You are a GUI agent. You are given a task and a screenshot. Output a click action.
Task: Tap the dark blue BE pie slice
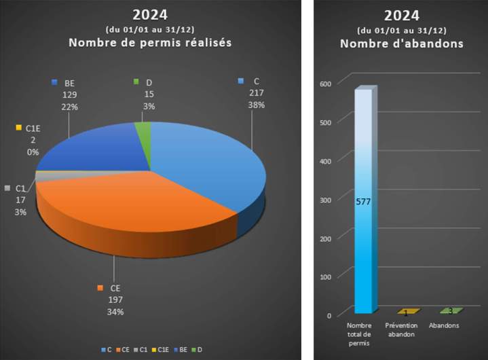click(x=95, y=149)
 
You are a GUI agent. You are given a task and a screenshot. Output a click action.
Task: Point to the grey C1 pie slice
click(x=45, y=175)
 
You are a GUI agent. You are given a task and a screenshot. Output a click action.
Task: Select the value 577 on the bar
click(x=363, y=202)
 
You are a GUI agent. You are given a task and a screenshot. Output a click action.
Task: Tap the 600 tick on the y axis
click(x=325, y=84)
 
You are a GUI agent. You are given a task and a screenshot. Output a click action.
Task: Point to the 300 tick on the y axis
click(x=325, y=200)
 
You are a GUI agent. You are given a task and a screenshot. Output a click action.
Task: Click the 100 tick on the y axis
click(x=325, y=276)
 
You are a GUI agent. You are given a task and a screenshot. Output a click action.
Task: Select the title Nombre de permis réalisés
click(x=151, y=43)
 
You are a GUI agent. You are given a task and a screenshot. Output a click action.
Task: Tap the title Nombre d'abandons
click(x=401, y=43)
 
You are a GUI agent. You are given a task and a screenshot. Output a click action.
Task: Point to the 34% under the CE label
click(x=115, y=312)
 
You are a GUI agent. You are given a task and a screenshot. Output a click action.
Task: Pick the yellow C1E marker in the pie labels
click(x=19, y=127)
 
